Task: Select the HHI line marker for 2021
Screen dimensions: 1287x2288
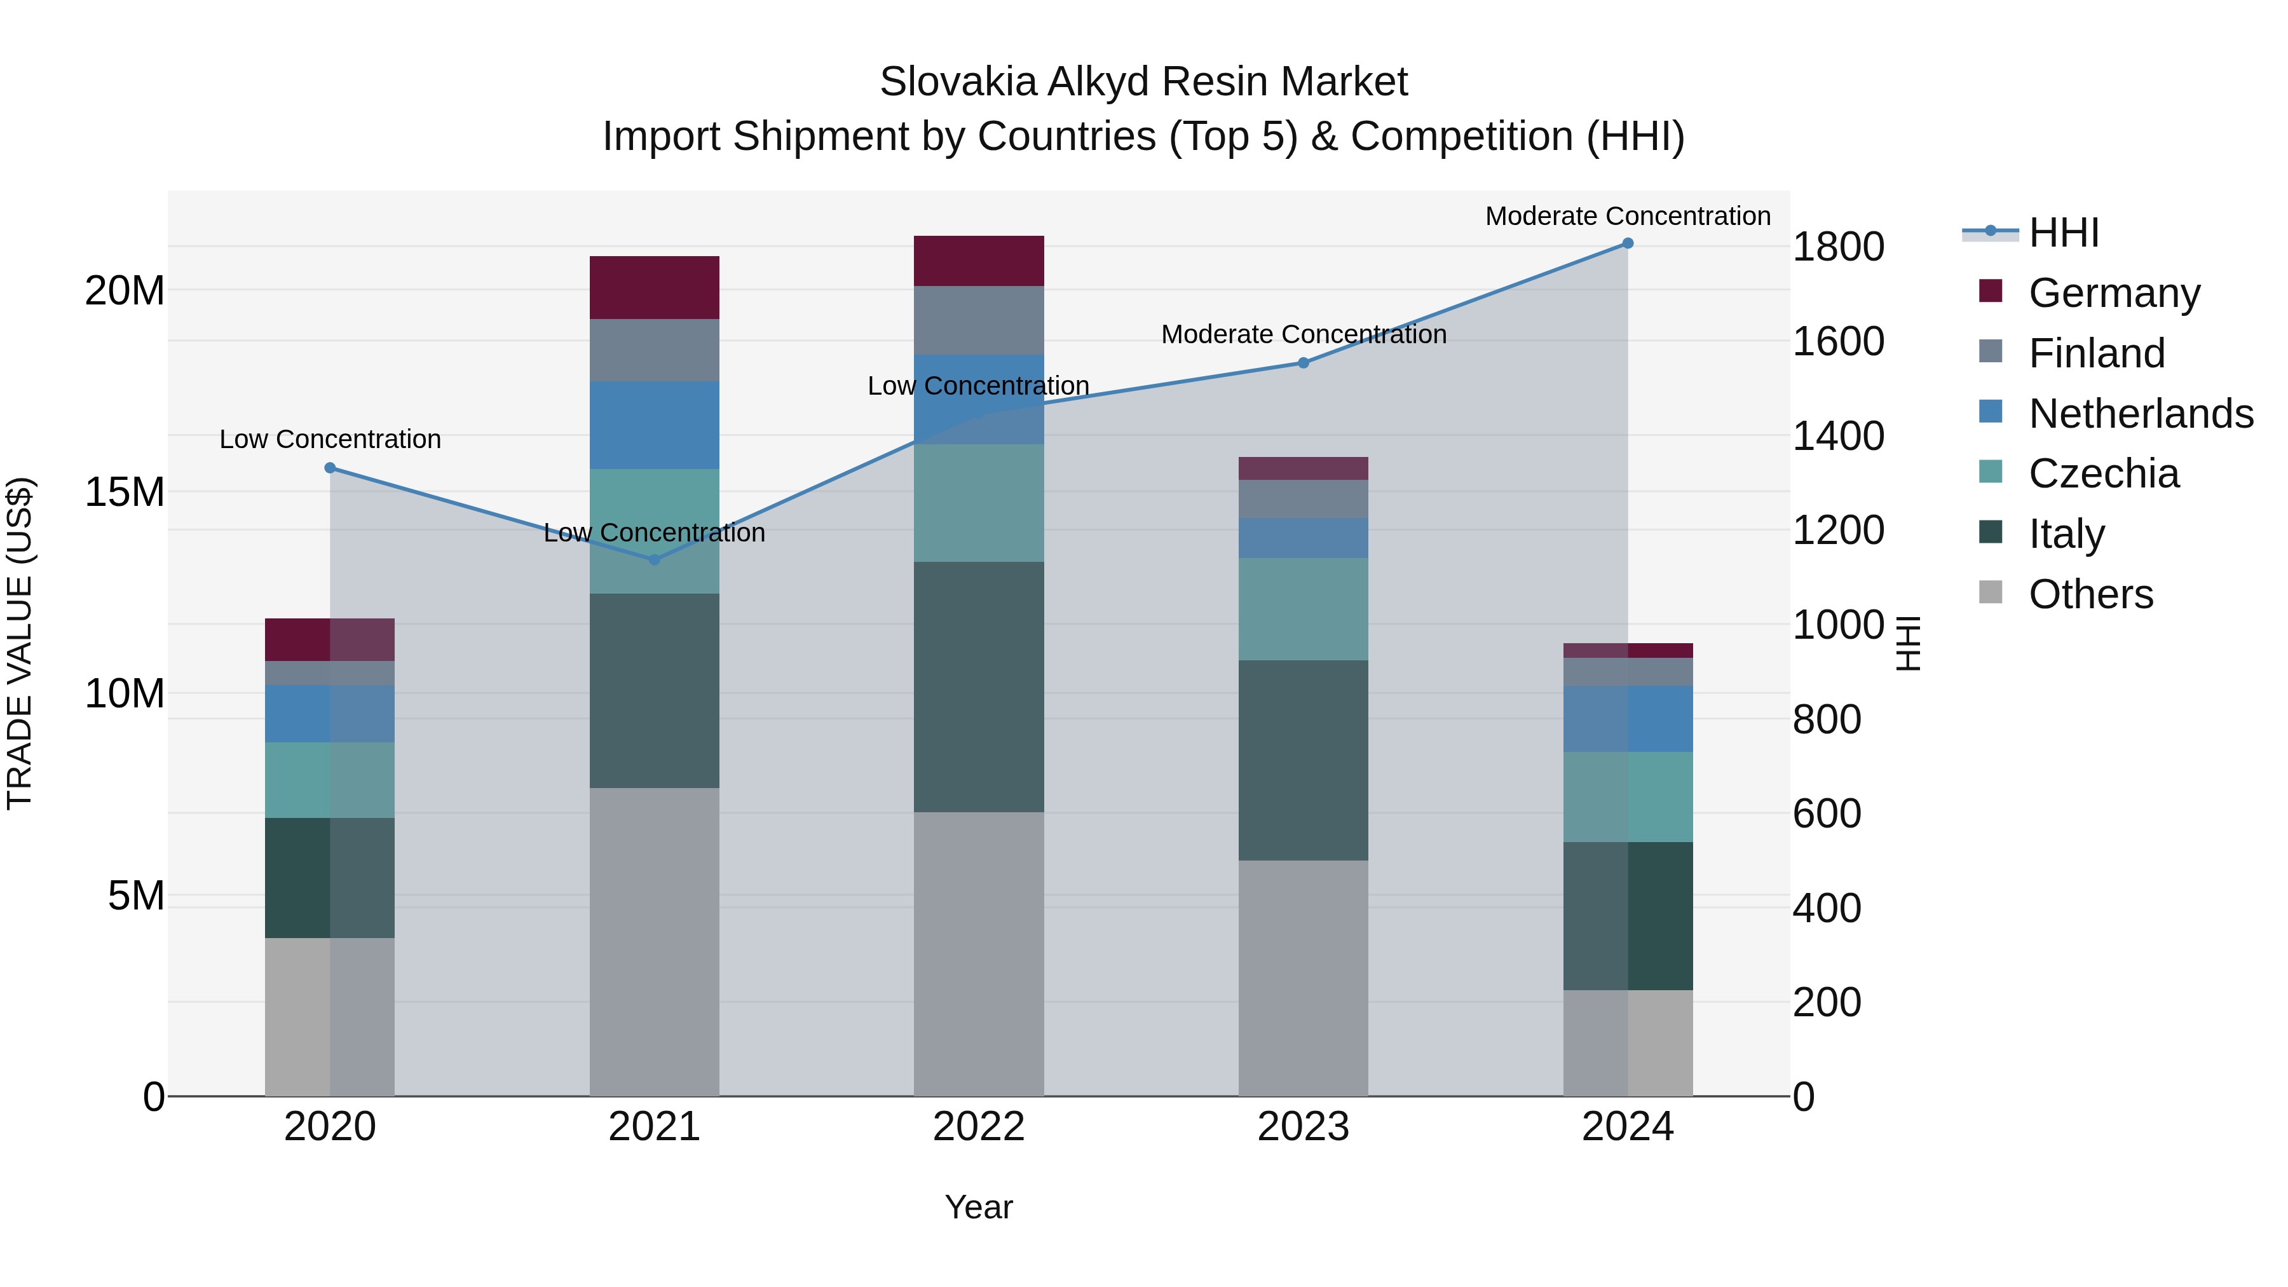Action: [654, 559]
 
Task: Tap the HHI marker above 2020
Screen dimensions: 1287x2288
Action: [329, 467]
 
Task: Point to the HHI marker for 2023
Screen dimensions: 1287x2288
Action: [1303, 362]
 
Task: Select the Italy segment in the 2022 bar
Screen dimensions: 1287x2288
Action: [978, 686]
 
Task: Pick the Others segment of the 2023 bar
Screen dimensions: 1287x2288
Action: [1303, 977]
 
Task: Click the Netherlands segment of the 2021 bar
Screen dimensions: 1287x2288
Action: [654, 425]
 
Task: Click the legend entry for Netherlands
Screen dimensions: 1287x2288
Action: [2141, 413]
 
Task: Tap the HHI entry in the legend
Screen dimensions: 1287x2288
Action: [2063, 232]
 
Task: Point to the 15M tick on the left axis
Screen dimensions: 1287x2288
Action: [125, 491]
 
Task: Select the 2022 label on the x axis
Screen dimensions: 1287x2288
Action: [978, 1126]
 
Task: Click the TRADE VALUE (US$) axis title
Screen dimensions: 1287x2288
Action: [20, 643]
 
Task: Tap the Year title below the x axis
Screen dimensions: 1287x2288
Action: [978, 1207]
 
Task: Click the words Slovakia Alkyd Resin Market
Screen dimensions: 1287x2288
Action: [1143, 82]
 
